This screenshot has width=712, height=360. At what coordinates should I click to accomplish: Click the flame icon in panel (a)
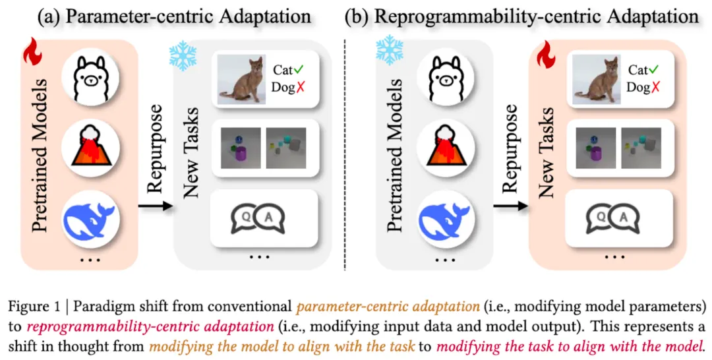31,52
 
